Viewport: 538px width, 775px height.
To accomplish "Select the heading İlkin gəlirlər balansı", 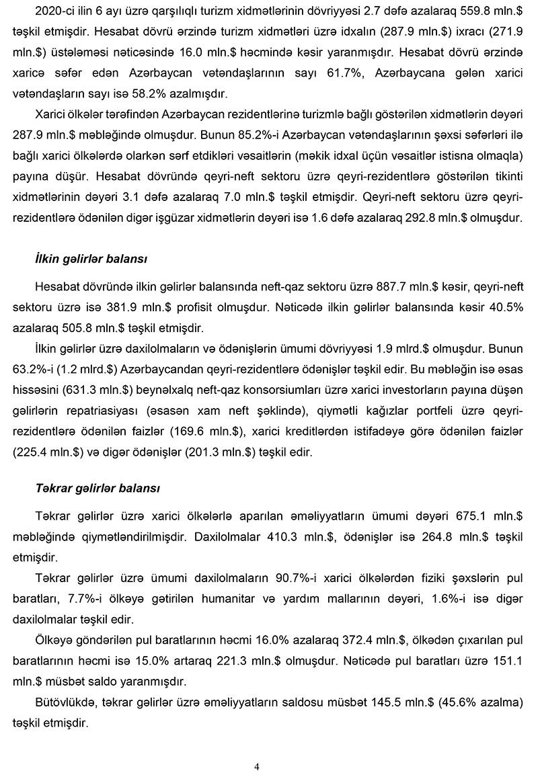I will click(x=91, y=258).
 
